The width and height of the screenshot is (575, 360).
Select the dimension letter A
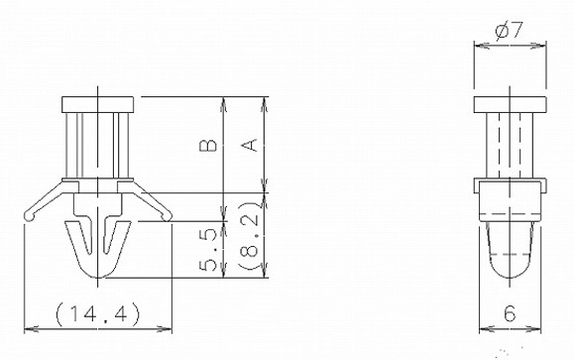tap(251, 146)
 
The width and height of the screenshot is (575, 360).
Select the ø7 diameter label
tap(509, 32)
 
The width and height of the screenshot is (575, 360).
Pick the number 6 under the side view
tap(510, 313)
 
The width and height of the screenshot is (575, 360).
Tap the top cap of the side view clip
tap(510, 104)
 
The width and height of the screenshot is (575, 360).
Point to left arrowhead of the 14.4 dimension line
tap(27, 328)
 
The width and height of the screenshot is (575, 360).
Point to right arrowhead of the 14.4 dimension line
tap(170, 328)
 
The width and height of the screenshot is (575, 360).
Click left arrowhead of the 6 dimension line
tap(483, 328)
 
